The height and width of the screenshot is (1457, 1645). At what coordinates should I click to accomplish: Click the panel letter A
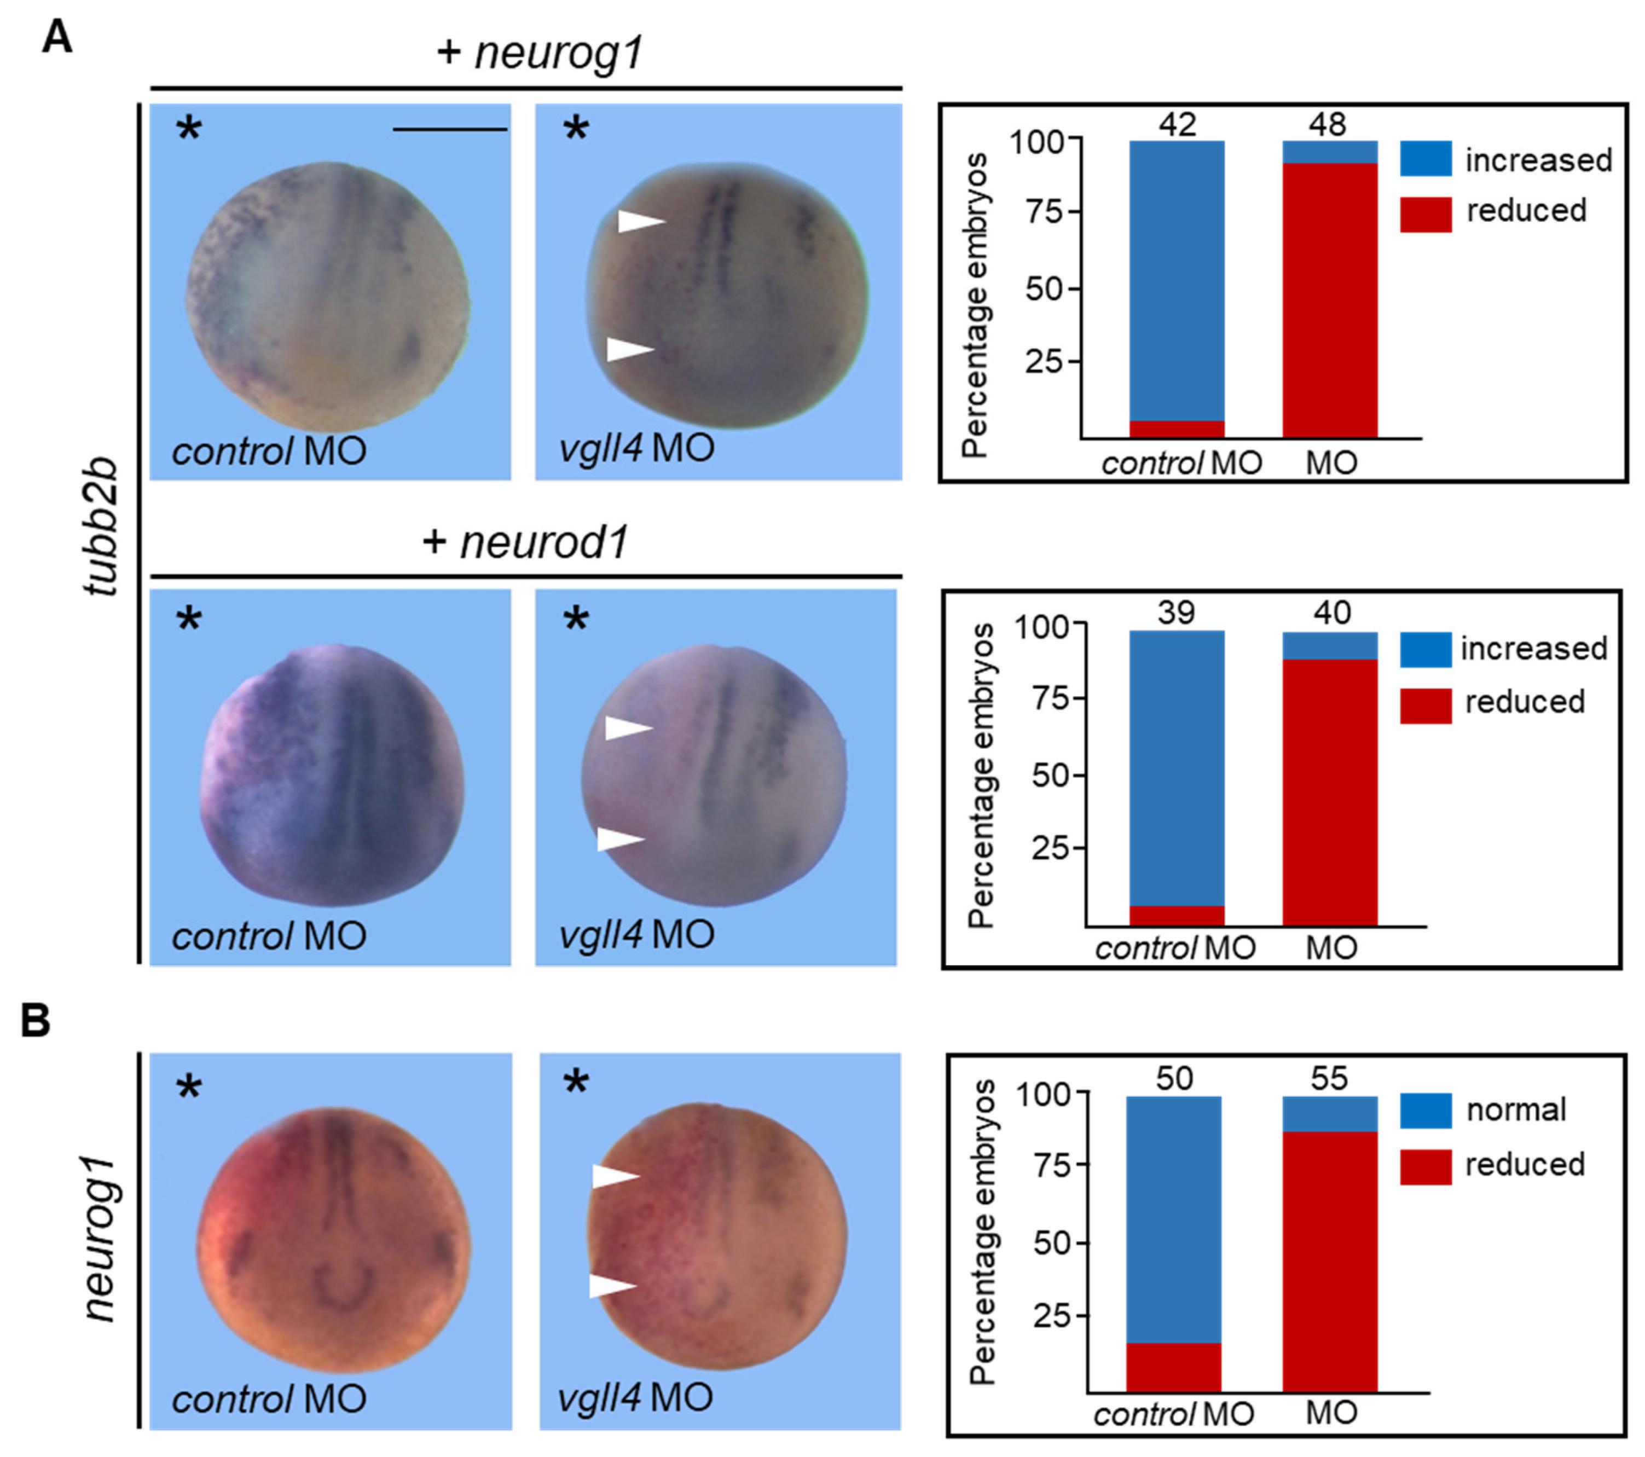57,37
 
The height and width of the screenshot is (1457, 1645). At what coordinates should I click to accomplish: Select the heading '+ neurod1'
525,542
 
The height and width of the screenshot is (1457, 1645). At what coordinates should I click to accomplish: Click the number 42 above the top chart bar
1178,124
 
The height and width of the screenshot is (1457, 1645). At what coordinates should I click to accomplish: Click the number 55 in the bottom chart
1329,1077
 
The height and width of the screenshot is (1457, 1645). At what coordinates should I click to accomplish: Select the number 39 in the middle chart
1176,612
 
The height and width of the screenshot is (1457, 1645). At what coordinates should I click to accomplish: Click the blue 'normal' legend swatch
1426,1110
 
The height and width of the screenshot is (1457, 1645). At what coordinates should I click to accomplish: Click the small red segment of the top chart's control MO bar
1177,429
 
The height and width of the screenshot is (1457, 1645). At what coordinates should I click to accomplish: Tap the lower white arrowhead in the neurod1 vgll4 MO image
619,840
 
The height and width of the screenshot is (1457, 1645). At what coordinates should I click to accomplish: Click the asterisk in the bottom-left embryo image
189,1088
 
